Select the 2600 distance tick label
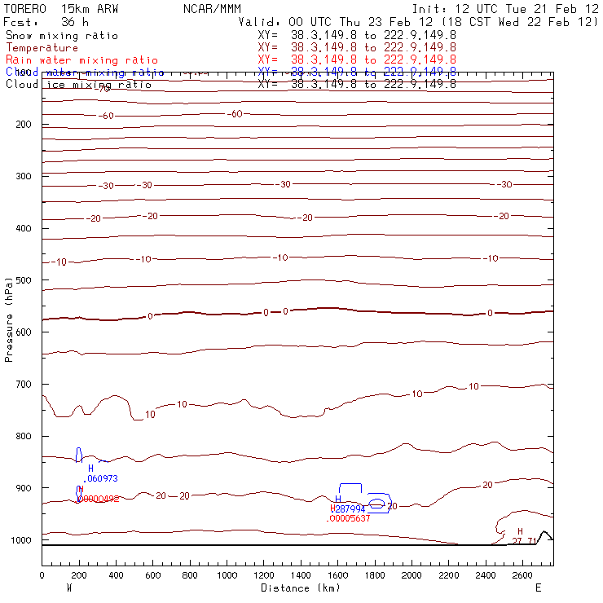pos(522,576)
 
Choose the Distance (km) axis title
pos(300,588)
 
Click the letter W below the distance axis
pos(68,587)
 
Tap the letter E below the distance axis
pos(538,587)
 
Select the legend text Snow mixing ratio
pos(61,36)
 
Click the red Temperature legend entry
pos(42,48)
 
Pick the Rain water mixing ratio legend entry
pos(81,60)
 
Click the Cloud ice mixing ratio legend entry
pos(78,85)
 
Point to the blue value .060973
pos(100,478)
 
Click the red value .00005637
pos(348,518)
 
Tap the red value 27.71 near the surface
pos(524,540)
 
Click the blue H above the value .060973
pos(90,469)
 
